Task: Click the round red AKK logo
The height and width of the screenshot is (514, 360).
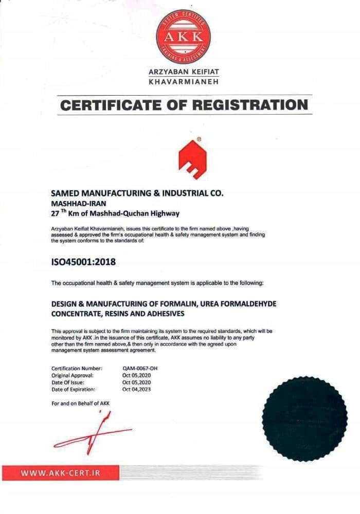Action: [183, 35]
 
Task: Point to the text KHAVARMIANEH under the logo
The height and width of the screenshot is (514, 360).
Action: [184, 82]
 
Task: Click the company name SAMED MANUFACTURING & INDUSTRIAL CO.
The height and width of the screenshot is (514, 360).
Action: [138, 193]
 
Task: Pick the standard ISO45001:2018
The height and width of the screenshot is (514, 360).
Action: [84, 262]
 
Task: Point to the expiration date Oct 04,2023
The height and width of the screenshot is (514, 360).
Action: [137, 389]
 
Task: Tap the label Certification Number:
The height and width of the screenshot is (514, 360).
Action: [77, 369]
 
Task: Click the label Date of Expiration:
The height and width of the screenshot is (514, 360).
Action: [73, 389]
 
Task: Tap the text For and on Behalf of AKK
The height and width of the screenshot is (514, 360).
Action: [80, 403]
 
